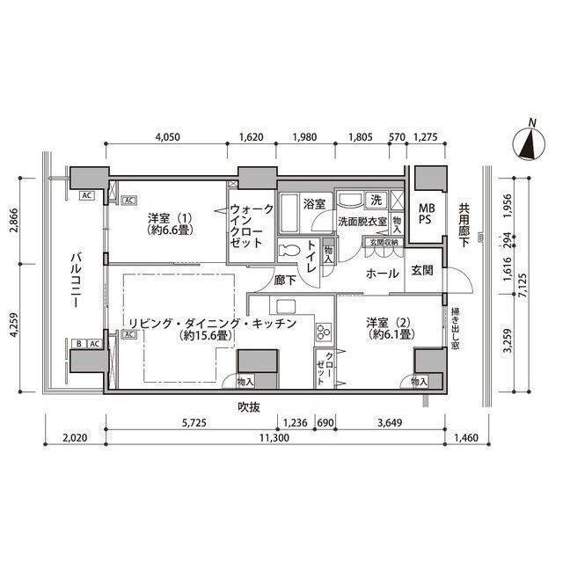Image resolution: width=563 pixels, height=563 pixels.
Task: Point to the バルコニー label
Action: pyautogui.click(x=77, y=280)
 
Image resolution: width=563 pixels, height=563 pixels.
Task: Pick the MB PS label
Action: pyautogui.click(x=426, y=214)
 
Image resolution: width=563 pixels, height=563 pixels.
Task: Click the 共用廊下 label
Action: pyautogui.click(x=464, y=226)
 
